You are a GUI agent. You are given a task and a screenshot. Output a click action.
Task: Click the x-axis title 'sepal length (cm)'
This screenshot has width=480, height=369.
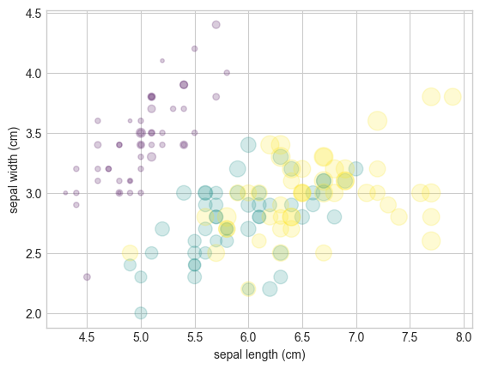click(x=259, y=354)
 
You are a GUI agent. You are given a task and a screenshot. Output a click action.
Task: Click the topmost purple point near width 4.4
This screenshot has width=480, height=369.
click(x=216, y=25)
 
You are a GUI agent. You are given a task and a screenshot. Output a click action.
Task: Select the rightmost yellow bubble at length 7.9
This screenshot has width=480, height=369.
click(x=453, y=97)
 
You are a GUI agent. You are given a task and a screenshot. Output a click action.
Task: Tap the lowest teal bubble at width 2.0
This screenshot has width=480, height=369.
click(x=141, y=313)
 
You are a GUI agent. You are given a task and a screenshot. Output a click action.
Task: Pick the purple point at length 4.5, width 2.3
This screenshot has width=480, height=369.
click(x=87, y=277)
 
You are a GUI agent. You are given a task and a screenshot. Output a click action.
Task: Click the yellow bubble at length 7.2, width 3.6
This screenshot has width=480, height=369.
click(x=377, y=121)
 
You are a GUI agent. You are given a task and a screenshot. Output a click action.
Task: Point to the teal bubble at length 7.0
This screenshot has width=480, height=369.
click(x=355, y=169)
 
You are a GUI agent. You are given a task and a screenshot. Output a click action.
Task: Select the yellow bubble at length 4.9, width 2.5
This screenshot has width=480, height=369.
click(x=130, y=253)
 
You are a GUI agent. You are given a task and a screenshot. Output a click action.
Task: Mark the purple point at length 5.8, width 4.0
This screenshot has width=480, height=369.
click(x=227, y=73)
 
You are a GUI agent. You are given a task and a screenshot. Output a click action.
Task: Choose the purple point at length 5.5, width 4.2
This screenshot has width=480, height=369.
click(x=194, y=49)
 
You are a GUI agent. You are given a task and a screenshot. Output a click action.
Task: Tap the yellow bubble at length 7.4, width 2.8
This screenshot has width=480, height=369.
click(x=398, y=217)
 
